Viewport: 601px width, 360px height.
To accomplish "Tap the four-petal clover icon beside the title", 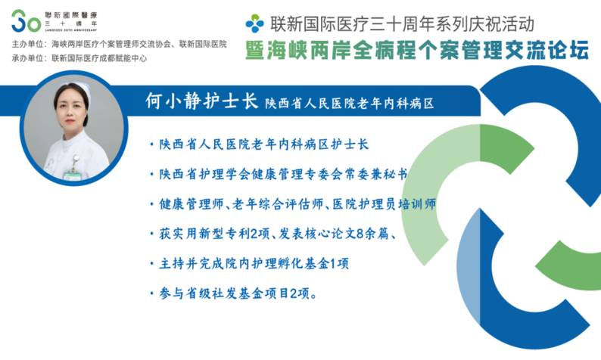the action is [x=255, y=23].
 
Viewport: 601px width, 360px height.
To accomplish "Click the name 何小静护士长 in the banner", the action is [x=201, y=101].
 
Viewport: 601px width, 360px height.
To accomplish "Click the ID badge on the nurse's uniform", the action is [x=73, y=175].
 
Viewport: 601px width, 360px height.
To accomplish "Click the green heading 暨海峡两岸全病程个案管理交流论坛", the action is [x=417, y=50].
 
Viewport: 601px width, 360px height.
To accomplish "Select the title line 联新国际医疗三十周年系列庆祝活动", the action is [x=402, y=23].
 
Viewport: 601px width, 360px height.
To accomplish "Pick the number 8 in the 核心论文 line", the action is [x=360, y=233].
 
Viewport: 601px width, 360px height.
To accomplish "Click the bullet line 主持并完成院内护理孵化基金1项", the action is [x=250, y=263].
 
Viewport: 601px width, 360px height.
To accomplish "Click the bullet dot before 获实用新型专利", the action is [x=152, y=234].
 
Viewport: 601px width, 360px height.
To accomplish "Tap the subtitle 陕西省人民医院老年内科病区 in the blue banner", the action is [x=349, y=103].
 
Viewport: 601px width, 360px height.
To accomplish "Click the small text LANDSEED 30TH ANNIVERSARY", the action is [x=71, y=29].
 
